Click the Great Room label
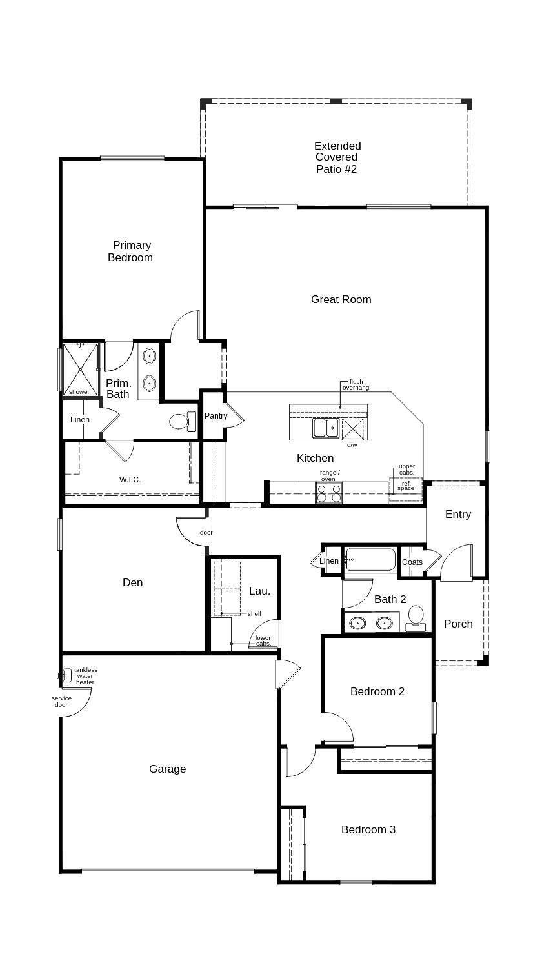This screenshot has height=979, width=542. (341, 299)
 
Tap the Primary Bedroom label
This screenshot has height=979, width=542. (130, 252)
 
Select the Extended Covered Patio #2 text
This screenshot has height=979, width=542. (337, 157)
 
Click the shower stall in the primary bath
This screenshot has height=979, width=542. (81, 370)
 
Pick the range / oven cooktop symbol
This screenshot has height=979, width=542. (328, 493)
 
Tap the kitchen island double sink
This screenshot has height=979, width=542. (326, 428)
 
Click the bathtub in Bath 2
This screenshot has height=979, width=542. (370, 560)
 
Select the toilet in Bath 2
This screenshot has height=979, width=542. (416, 618)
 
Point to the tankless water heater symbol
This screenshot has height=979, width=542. (65, 675)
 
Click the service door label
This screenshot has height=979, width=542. (61, 702)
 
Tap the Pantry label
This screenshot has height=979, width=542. (216, 415)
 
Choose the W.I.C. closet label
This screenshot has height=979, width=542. (130, 479)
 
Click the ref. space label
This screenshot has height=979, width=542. (406, 486)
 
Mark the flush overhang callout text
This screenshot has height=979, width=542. (356, 384)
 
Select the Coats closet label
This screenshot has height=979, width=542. (412, 562)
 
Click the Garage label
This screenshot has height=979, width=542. (167, 769)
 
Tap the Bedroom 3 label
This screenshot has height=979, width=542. (368, 829)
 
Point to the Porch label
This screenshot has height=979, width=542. (458, 624)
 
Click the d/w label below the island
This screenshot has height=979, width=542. (352, 445)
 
